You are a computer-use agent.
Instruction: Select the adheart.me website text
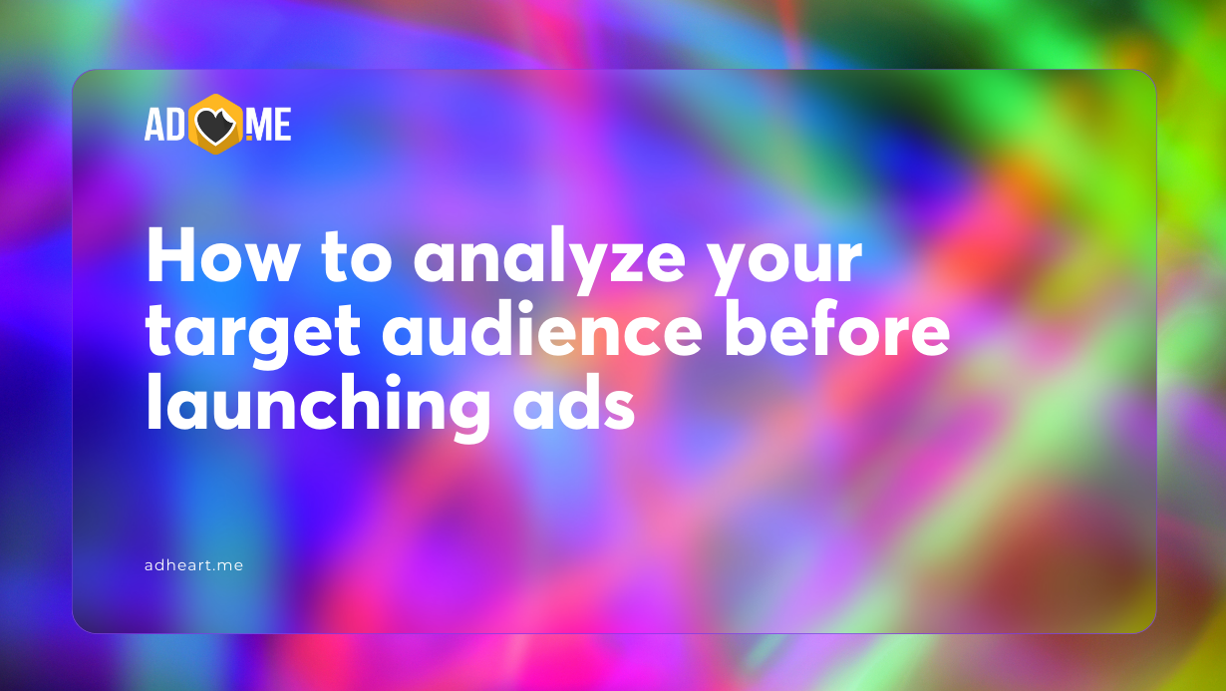tap(193, 565)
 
